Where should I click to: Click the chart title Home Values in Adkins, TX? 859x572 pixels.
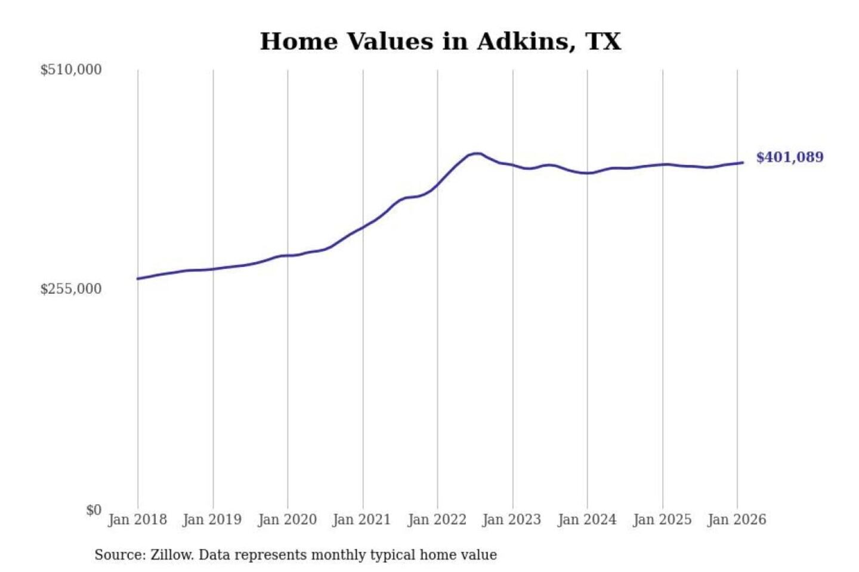click(x=440, y=42)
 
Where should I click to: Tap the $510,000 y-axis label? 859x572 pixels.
click(x=71, y=70)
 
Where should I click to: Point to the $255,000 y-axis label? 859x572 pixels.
click(x=71, y=289)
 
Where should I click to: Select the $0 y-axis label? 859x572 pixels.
click(x=94, y=510)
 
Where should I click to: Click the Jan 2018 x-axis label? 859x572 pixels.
click(x=137, y=520)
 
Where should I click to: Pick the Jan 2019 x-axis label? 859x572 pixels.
click(x=212, y=520)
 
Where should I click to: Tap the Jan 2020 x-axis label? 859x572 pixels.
click(x=287, y=520)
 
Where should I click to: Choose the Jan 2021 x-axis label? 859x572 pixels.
click(x=361, y=520)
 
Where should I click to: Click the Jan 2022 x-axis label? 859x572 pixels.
click(x=437, y=520)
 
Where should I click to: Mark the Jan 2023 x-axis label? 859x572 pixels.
click(x=511, y=520)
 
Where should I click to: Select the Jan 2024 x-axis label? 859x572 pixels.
click(x=586, y=520)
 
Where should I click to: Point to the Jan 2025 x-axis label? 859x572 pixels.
click(x=662, y=520)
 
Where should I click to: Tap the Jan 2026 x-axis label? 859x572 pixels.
click(x=736, y=520)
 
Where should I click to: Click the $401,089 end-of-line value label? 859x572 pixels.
click(x=790, y=157)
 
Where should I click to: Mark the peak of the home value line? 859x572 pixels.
click(x=476, y=153)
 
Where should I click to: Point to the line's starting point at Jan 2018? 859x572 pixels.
click(x=138, y=279)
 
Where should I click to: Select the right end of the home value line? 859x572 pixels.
click(x=743, y=163)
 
